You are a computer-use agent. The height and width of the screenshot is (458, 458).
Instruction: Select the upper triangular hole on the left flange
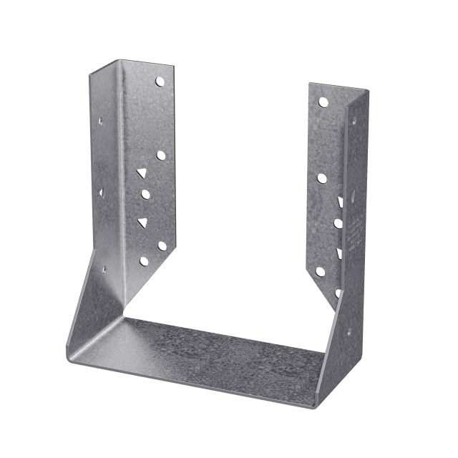click(142, 173)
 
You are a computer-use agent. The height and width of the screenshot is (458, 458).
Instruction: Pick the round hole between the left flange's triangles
click(145, 193)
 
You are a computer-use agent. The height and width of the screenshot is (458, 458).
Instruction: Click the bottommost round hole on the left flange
click(146, 261)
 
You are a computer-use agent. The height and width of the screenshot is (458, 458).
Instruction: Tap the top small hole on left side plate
click(102, 120)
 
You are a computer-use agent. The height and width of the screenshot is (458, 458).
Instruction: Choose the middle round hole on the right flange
click(321, 177)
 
